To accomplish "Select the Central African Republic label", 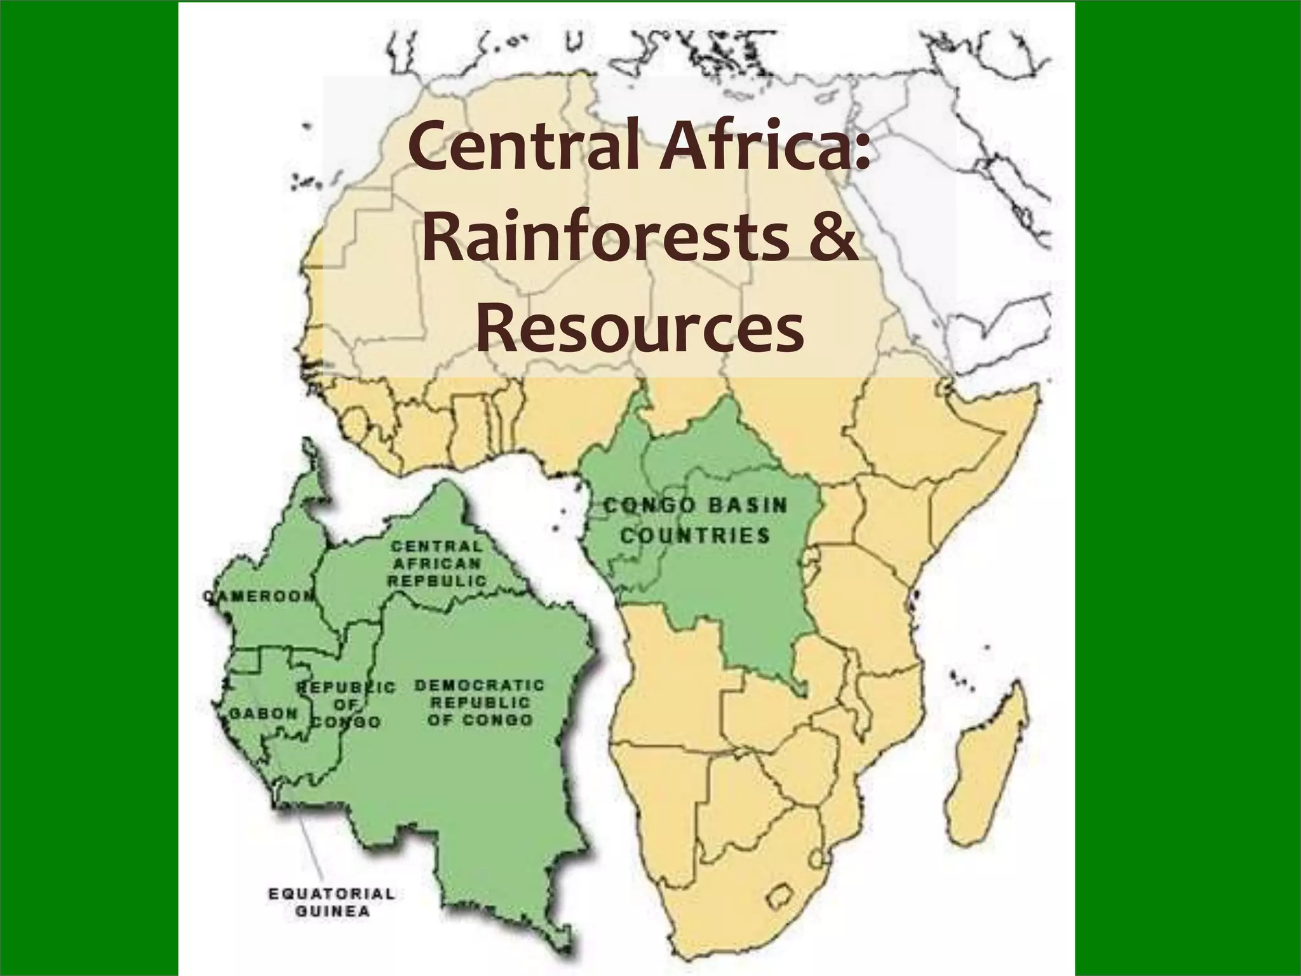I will (437, 563).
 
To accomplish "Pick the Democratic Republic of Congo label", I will (480, 703).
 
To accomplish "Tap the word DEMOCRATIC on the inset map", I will (480, 686).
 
